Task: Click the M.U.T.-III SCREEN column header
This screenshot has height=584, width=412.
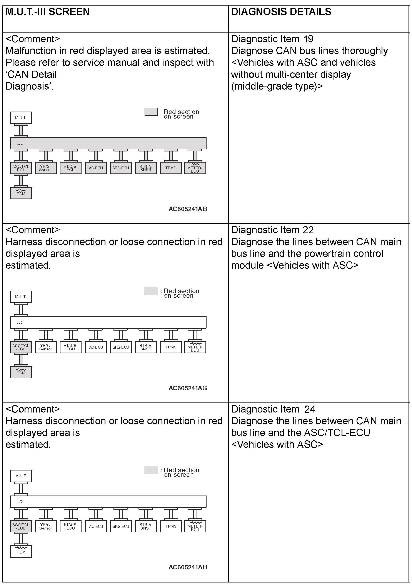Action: [47, 12]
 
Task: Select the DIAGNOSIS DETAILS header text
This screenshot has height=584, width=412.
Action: [281, 12]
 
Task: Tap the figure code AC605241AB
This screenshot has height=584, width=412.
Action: [188, 209]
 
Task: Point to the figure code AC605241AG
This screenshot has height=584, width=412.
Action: [188, 388]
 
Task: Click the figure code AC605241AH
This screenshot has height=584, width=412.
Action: [188, 567]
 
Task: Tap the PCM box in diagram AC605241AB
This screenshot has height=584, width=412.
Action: [21, 193]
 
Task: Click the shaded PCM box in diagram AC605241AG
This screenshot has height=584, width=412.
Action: [21, 372]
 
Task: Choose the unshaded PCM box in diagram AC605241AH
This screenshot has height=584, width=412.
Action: [21, 551]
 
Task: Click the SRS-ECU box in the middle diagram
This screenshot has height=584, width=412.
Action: [121, 347]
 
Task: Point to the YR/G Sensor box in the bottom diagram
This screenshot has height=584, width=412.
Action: [46, 526]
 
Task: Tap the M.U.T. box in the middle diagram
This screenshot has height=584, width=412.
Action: [21, 297]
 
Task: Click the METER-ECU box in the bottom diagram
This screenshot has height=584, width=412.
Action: [195, 526]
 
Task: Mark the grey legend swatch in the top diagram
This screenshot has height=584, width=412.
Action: [151, 112]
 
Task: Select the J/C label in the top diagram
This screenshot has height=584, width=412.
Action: [20, 143]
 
